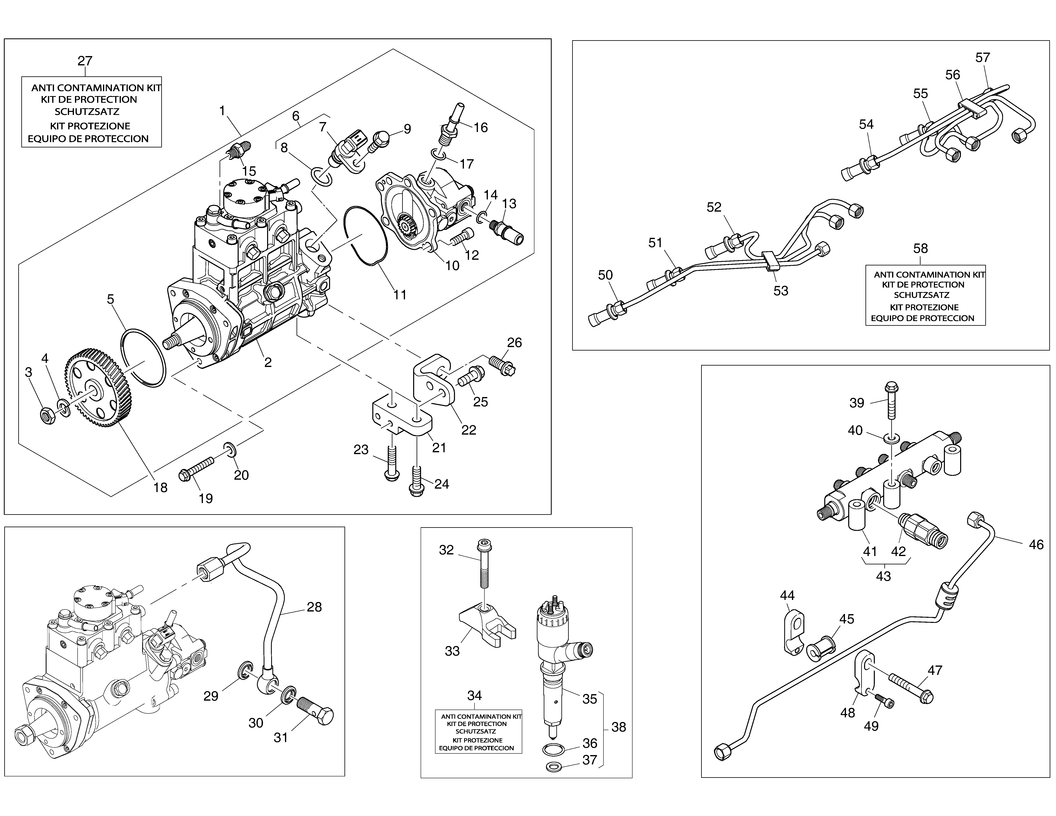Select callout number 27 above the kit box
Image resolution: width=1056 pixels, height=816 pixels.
click(x=85, y=61)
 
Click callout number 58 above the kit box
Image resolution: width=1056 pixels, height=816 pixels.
click(x=920, y=248)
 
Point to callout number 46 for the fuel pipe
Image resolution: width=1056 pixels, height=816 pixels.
click(x=1036, y=545)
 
